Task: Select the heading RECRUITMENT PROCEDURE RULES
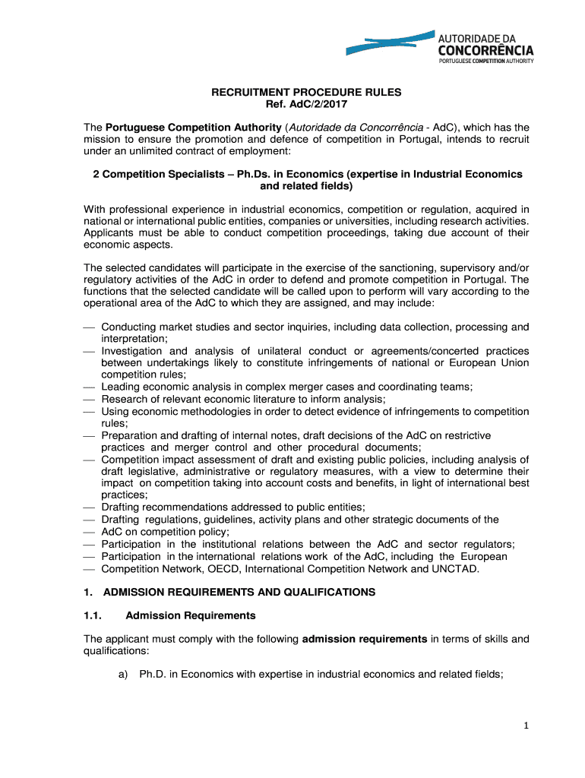305,92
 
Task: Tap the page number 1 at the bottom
524,726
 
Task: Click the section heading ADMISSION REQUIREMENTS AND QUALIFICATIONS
239,592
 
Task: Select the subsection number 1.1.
93,615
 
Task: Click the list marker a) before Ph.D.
123,675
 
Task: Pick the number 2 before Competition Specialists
96,174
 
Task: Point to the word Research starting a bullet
124,399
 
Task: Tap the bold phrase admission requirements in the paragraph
365,639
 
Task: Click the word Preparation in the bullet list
131,435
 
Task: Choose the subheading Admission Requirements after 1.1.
191,615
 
